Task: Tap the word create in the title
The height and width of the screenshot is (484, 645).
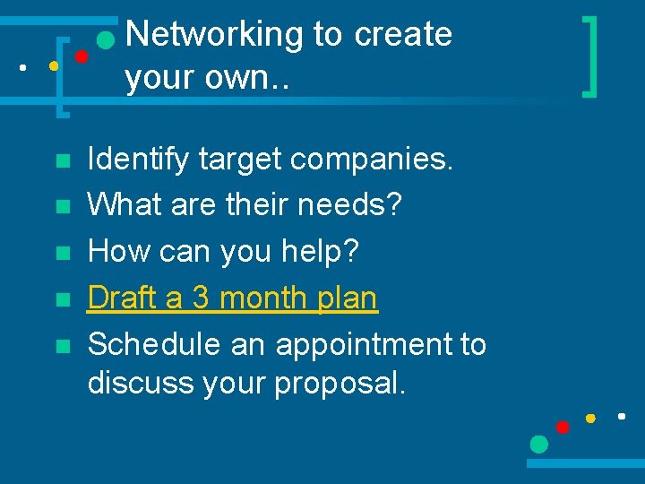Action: pos(403,35)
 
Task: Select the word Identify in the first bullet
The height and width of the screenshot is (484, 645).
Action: pos(138,160)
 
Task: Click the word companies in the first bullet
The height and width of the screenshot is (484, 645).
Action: pos(373,160)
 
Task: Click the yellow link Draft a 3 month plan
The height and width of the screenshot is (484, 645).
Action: pos(232,298)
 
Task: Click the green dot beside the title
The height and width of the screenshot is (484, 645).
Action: pos(106,40)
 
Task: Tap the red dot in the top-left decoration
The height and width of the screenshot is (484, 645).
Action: pos(81,56)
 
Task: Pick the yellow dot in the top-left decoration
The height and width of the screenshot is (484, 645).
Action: pos(54,65)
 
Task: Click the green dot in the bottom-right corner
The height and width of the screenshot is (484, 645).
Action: pos(538,444)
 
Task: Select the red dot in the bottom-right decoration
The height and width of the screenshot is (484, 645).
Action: pos(563,427)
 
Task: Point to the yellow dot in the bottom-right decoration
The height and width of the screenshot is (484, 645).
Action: pos(590,418)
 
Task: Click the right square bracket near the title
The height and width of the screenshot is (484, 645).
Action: pos(589,54)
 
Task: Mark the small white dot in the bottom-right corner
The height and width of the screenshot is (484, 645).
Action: pos(621,416)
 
